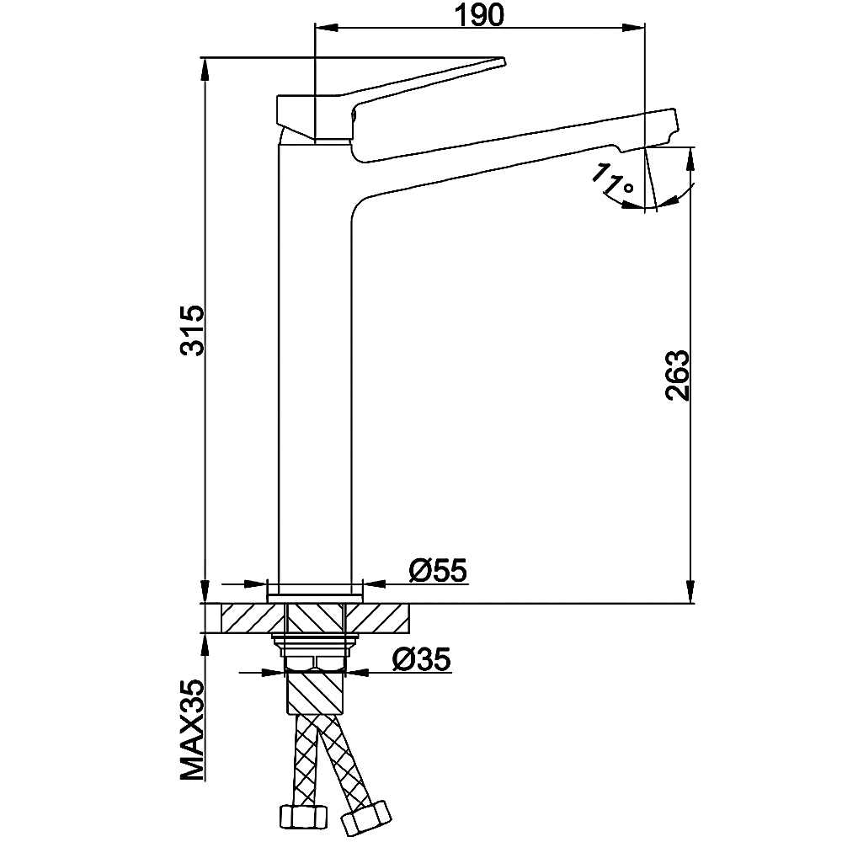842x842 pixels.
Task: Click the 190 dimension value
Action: coord(479,14)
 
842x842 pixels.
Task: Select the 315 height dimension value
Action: coord(192,330)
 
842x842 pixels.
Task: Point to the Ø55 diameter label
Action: coord(438,571)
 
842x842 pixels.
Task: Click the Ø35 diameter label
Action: coord(421,660)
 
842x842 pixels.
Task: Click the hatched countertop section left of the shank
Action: coord(248,619)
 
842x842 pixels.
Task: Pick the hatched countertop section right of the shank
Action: coord(379,619)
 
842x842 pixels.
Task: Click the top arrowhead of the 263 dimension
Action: coord(690,156)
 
